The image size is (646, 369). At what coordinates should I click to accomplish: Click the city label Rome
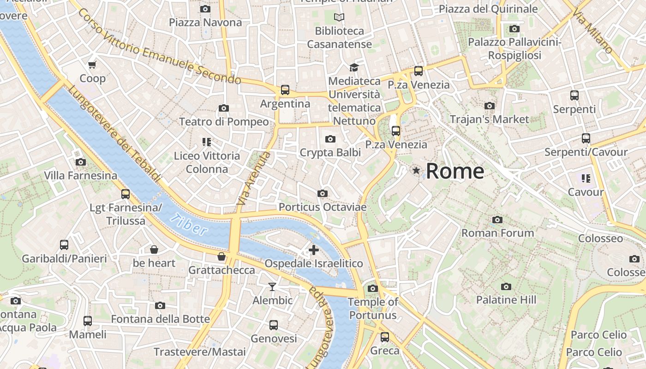click(x=455, y=171)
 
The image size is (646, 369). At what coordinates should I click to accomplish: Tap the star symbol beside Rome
click(x=416, y=171)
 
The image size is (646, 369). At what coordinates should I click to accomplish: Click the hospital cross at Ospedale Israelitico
click(x=314, y=250)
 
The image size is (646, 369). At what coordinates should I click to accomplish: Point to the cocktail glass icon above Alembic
click(x=272, y=287)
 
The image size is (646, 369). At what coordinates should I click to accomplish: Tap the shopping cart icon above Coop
click(x=92, y=65)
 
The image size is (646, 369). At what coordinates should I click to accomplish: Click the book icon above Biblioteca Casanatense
click(x=339, y=18)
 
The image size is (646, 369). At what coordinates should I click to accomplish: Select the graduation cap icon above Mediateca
click(x=354, y=67)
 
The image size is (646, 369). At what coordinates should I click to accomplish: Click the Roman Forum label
click(x=497, y=233)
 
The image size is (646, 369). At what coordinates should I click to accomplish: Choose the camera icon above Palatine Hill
click(x=506, y=286)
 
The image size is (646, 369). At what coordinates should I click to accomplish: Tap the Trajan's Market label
click(x=489, y=119)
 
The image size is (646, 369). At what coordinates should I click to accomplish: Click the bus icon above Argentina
click(x=285, y=90)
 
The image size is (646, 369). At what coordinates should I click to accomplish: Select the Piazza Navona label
click(x=205, y=23)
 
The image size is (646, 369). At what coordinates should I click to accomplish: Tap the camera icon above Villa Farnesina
click(x=81, y=162)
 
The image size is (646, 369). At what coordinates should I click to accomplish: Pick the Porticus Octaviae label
click(x=323, y=207)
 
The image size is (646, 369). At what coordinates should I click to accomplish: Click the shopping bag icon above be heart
click(x=154, y=250)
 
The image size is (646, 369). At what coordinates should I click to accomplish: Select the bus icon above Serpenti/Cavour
click(x=586, y=138)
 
